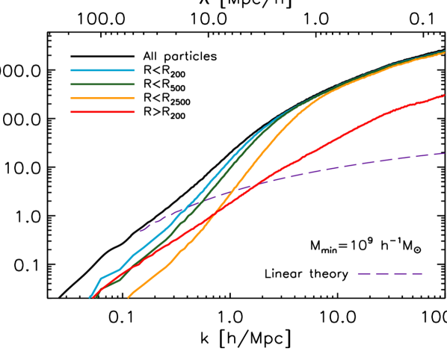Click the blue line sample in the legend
(102, 71)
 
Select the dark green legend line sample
(102, 84)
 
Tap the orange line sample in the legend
(102, 98)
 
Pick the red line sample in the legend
(102, 112)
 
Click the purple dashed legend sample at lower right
(389, 273)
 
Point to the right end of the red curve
(444, 95)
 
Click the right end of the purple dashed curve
(444, 154)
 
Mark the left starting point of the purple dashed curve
(140, 232)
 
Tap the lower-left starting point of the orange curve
(129, 297)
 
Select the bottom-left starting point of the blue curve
(90, 297)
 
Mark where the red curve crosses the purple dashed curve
(257, 183)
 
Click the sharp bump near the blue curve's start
(101, 278)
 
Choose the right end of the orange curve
(444, 53)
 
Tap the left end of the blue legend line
(72, 71)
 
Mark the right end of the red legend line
(134, 112)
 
